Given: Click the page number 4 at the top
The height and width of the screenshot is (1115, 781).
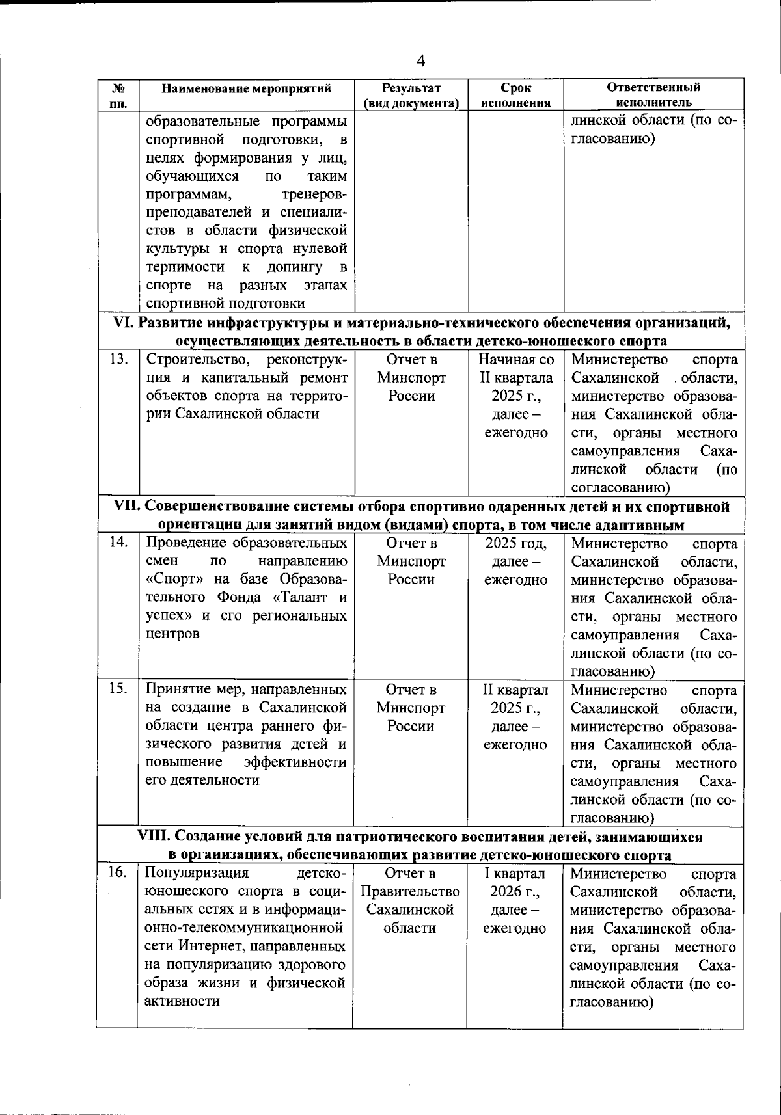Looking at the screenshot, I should click(x=420, y=61).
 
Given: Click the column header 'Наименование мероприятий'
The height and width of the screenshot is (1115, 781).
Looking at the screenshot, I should click(x=247, y=88).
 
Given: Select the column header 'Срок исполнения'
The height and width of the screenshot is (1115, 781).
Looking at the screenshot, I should click(x=515, y=95).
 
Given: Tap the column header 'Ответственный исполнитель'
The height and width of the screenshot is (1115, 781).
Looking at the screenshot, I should click(x=653, y=95).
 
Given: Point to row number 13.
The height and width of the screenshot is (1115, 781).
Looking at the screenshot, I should click(x=118, y=358).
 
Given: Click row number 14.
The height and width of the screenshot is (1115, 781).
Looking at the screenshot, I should click(x=118, y=543).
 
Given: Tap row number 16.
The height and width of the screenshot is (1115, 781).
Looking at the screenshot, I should click(x=117, y=873).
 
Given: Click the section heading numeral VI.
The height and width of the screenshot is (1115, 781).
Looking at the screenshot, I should click(x=123, y=323).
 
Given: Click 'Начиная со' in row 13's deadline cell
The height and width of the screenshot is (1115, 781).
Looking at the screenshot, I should click(x=516, y=360).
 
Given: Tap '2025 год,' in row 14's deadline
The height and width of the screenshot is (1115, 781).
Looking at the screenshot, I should click(x=515, y=544).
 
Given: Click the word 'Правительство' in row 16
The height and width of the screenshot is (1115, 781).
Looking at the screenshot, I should click(x=410, y=892).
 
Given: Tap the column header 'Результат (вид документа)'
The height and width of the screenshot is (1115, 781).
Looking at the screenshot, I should click(x=411, y=95).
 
